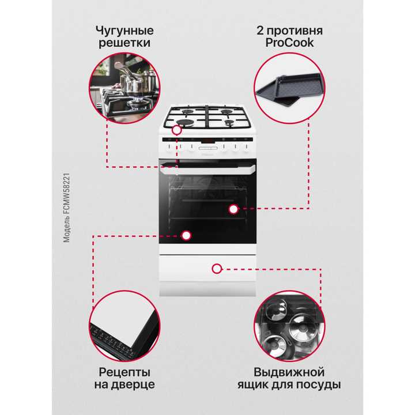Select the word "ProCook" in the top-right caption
tap(289, 43)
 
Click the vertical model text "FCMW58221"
tap(67, 195)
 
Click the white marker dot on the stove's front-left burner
tap(176, 130)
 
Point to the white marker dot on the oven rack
tap(233, 210)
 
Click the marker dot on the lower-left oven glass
tap(186, 235)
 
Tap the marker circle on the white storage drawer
tap(217, 268)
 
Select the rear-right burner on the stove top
tap(228, 110)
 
